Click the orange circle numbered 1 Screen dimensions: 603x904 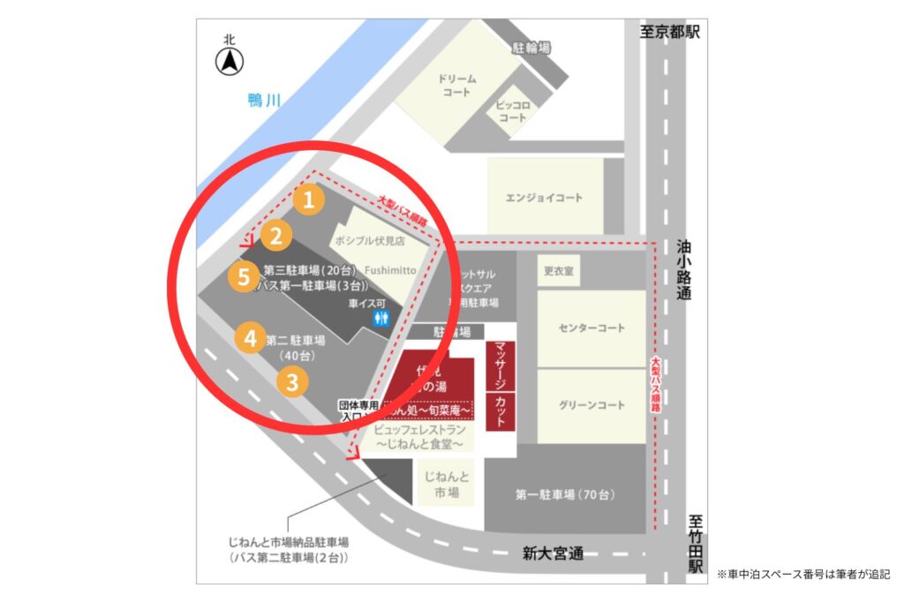(308, 200)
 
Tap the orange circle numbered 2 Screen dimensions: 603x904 (276, 236)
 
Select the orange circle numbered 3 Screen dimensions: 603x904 (293, 382)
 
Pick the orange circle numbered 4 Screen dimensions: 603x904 (251, 337)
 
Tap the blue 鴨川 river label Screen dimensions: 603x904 (264, 102)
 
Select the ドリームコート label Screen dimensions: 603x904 (457, 85)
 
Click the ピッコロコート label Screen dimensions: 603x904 (512, 110)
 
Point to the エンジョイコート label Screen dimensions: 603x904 (545, 198)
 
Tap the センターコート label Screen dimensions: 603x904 (591, 328)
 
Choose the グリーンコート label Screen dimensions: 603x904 (591, 405)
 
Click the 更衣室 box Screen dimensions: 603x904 (558, 271)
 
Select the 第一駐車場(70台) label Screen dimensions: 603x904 (566, 494)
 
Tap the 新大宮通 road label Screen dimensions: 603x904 (554, 554)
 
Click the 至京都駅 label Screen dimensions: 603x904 (670, 32)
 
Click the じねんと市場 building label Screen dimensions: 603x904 (447, 485)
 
